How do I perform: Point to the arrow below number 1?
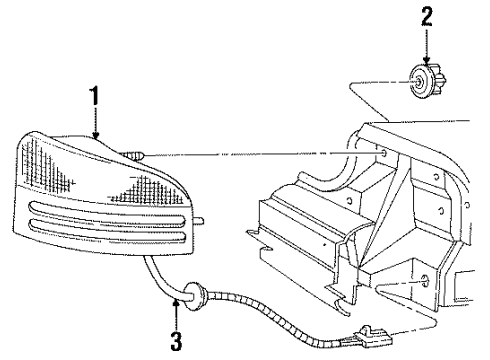coord(96,125)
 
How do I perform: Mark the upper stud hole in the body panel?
coord(384,152)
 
